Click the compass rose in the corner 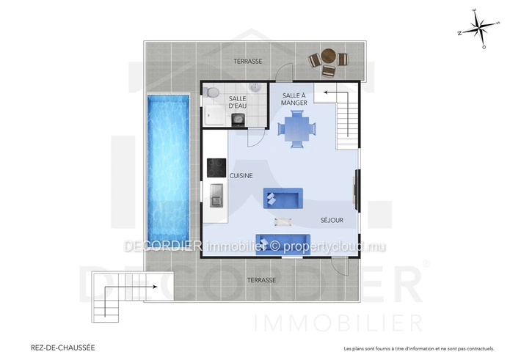coord(480,29)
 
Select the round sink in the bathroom coord(255,87)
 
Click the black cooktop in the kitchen coord(216,168)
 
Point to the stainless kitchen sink coord(216,195)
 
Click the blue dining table coord(297,128)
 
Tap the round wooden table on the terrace coord(328,56)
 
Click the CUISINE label coord(241,176)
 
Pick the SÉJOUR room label coord(332,220)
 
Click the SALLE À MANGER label coord(294,99)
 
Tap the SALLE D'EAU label coord(238,102)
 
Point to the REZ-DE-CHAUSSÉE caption coord(63,348)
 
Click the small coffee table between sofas coord(283,222)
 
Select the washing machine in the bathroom coord(238,120)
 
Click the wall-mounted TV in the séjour coord(357,190)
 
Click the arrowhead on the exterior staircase coord(155,287)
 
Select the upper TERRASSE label coord(248,61)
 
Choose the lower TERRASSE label coord(261,280)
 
